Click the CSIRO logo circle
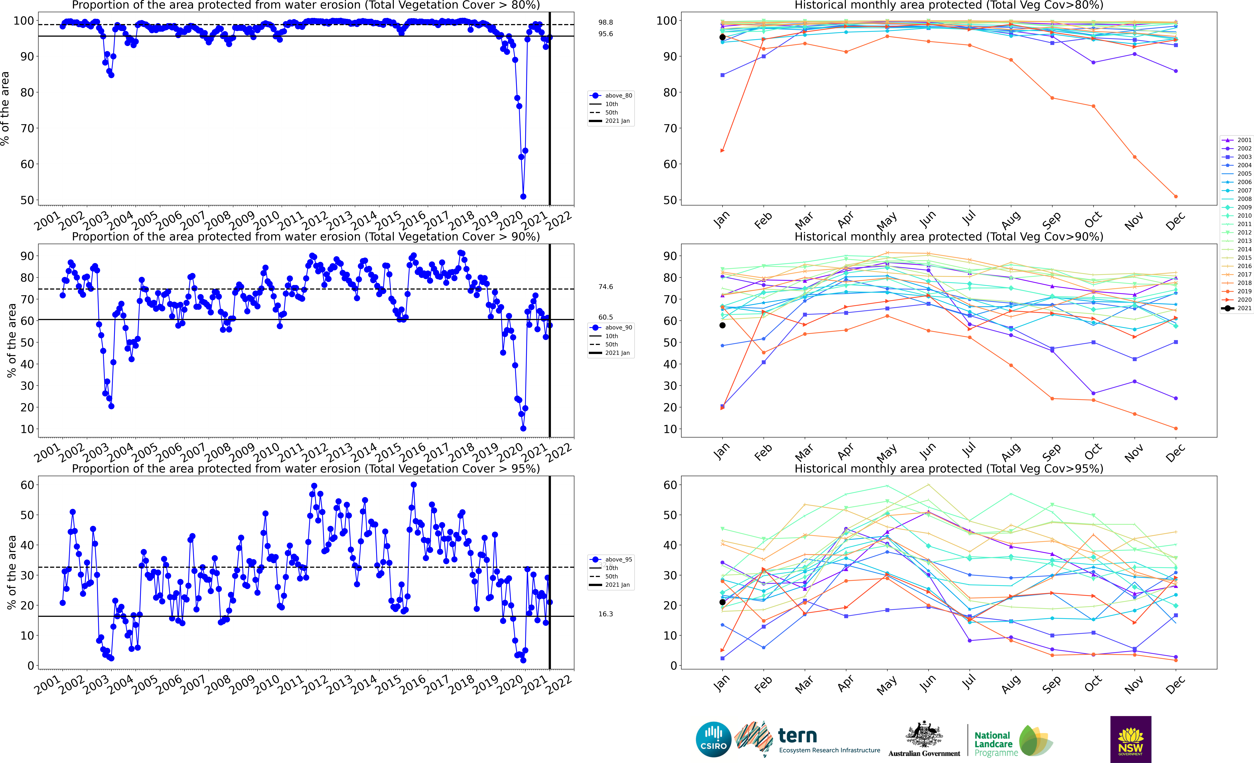pos(713,739)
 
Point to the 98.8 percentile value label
pos(606,22)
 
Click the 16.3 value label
pos(606,614)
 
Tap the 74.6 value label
pos(606,287)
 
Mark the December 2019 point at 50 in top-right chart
pos(1176,196)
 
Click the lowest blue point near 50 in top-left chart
pos(523,196)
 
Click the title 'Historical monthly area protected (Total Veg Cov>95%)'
pos(949,468)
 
